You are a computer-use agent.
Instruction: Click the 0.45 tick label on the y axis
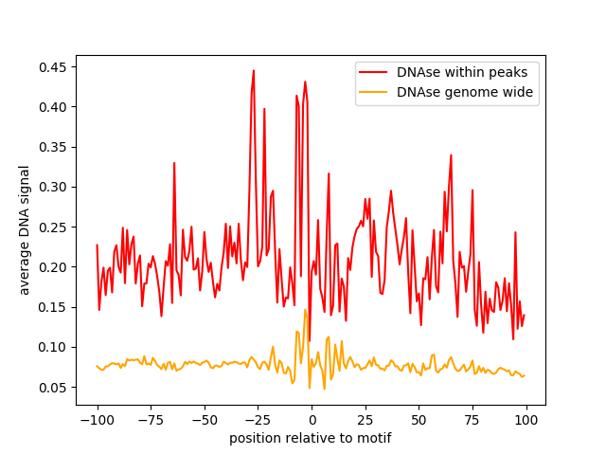[53, 67]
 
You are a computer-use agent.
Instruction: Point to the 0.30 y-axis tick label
[53, 188]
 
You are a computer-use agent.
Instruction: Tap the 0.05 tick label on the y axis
[53, 388]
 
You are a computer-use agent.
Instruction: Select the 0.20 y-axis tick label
[53, 267]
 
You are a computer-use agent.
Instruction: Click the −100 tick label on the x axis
[98, 420]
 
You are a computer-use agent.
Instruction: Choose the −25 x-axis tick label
[258, 420]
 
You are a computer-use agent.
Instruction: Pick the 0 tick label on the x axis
[312, 420]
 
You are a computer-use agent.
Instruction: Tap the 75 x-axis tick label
[472, 420]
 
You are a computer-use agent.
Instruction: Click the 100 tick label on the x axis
[526, 420]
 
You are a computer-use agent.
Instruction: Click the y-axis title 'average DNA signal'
[24, 230]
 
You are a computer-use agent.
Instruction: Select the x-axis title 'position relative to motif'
[311, 438]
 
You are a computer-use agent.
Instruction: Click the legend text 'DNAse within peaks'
[462, 72]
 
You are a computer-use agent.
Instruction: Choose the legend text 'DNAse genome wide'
[465, 92]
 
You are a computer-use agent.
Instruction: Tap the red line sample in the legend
[373, 72]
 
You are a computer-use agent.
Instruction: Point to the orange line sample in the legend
[373, 92]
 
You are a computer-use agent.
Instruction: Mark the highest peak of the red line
[254, 70]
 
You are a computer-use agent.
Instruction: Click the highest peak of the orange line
[305, 310]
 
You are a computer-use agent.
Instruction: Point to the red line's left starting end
[97, 245]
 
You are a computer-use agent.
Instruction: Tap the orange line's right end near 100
[525, 375]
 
